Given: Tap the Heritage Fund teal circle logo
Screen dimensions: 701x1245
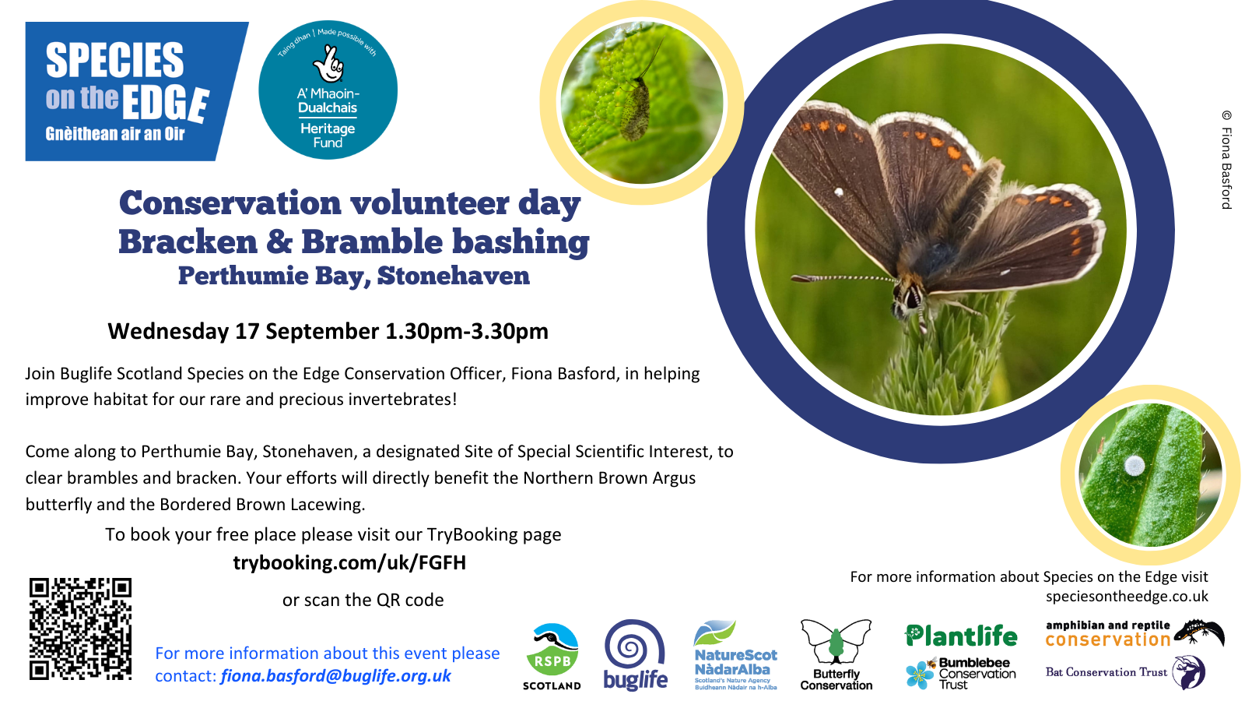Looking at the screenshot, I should tap(328, 90).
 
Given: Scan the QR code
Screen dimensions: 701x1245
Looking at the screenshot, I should tap(80, 629).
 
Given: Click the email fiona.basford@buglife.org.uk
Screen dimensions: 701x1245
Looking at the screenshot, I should tap(335, 676).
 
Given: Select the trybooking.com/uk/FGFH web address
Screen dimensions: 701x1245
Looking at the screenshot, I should tap(349, 562).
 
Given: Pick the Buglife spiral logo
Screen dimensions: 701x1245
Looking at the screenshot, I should tap(635, 655).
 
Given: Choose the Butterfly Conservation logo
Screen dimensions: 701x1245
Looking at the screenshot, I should tap(836, 655).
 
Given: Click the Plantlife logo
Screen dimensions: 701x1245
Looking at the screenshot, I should tap(962, 636).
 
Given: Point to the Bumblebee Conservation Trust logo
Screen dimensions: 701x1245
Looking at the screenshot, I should tap(962, 674).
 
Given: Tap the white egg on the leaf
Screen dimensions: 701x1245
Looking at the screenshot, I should tap(1135, 467).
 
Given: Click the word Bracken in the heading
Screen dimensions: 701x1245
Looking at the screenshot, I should tap(188, 242).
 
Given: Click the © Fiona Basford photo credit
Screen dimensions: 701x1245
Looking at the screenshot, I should tap(1226, 160).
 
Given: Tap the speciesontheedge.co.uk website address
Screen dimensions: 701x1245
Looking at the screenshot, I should tap(1127, 597).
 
